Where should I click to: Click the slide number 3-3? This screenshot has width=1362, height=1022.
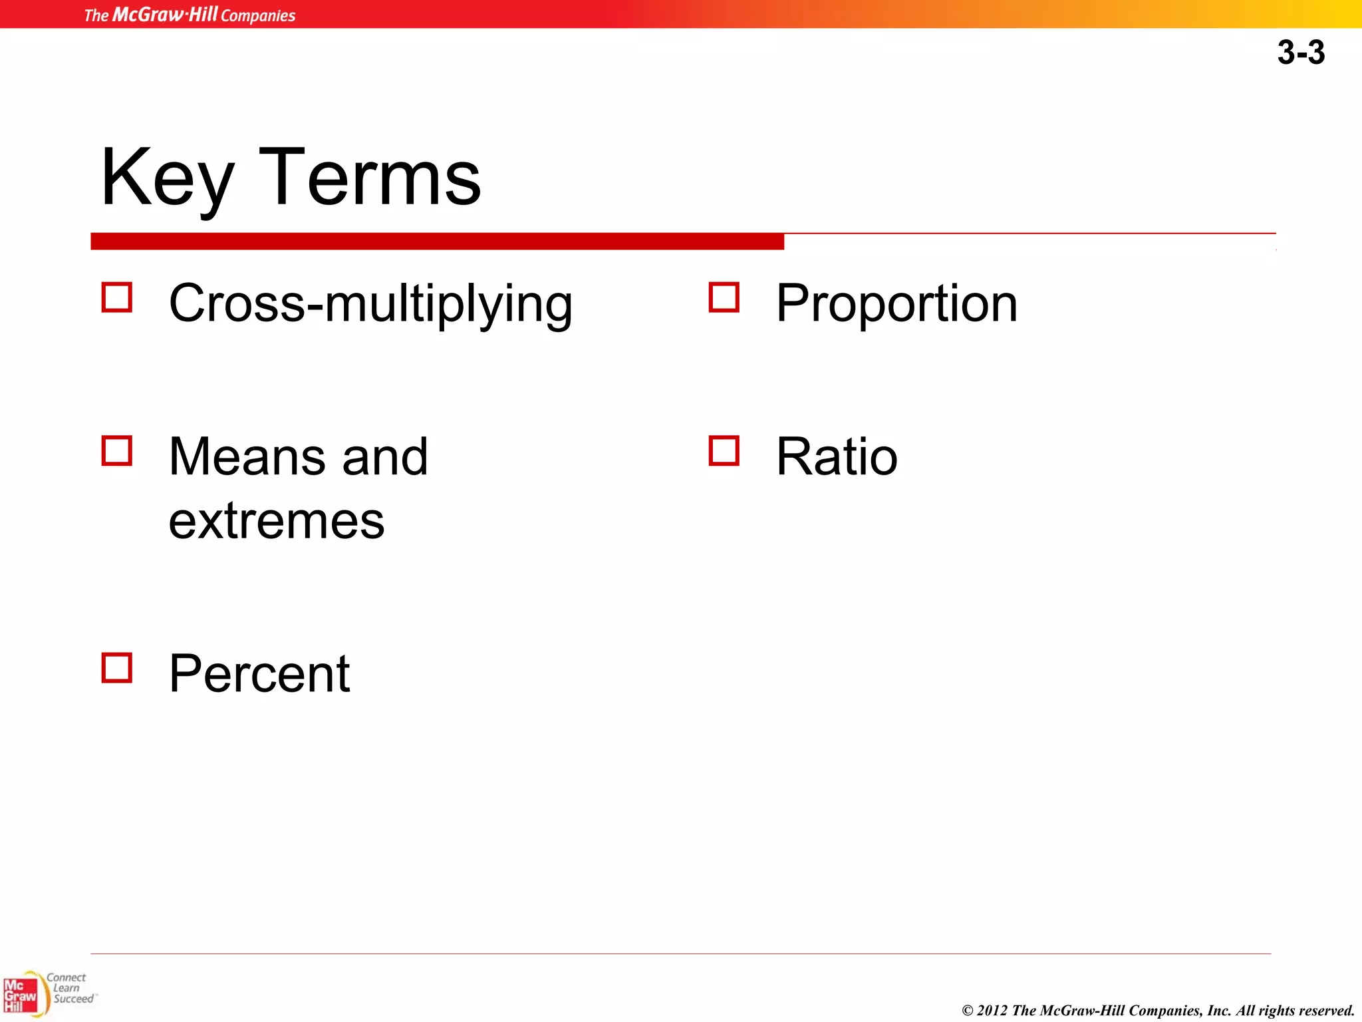pos(1300,53)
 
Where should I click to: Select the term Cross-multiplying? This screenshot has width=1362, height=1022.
pos(370,304)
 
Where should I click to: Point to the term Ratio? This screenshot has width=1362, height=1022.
pos(837,457)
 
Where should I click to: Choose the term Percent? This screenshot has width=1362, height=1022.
pos(259,673)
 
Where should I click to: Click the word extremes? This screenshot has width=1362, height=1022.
pos(277,521)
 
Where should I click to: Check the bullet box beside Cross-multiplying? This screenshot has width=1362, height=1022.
pos(117,297)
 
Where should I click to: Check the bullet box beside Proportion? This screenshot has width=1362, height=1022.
pos(724,297)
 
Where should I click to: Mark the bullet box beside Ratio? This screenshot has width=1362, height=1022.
pos(724,450)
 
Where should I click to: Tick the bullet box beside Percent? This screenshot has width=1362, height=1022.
pos(117,667)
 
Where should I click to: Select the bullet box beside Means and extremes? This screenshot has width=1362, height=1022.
pos(117,450)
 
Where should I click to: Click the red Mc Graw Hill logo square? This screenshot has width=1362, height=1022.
pos(20,995)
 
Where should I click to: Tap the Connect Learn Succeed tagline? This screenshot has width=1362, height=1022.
pos(70,988)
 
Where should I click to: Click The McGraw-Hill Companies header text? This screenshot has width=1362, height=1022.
pos(190,15)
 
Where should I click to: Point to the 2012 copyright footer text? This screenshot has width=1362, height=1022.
pos(1158,1010)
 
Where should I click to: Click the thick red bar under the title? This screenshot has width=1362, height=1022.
pos(437,242)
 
